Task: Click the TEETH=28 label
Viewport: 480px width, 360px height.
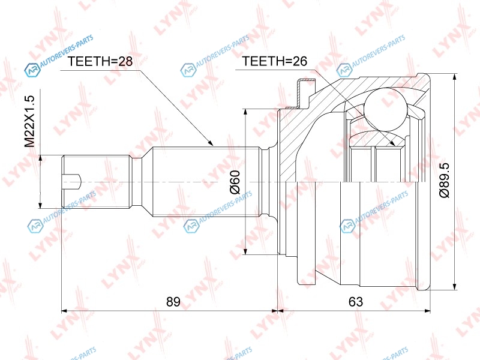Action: pyautogui.click(x=100, y=61)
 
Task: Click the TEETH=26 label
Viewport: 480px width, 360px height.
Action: pyautogui.click(x=275, y=61)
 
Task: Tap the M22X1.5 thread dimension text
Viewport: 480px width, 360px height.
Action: pyautogui.click(x=31, y=121)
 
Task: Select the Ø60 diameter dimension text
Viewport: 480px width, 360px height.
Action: pyautogui.click(x=235, y=182)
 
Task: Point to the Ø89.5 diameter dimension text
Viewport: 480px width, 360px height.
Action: pyautogui.click(x=444, y=180)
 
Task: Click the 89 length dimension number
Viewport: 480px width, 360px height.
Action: pyautogui.click(x=173, y=302)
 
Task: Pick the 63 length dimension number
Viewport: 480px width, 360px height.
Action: pyautogui.click(x=356, y=302)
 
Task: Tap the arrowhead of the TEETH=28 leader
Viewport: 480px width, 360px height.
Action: pyautogui.click(x=209, y=142)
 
